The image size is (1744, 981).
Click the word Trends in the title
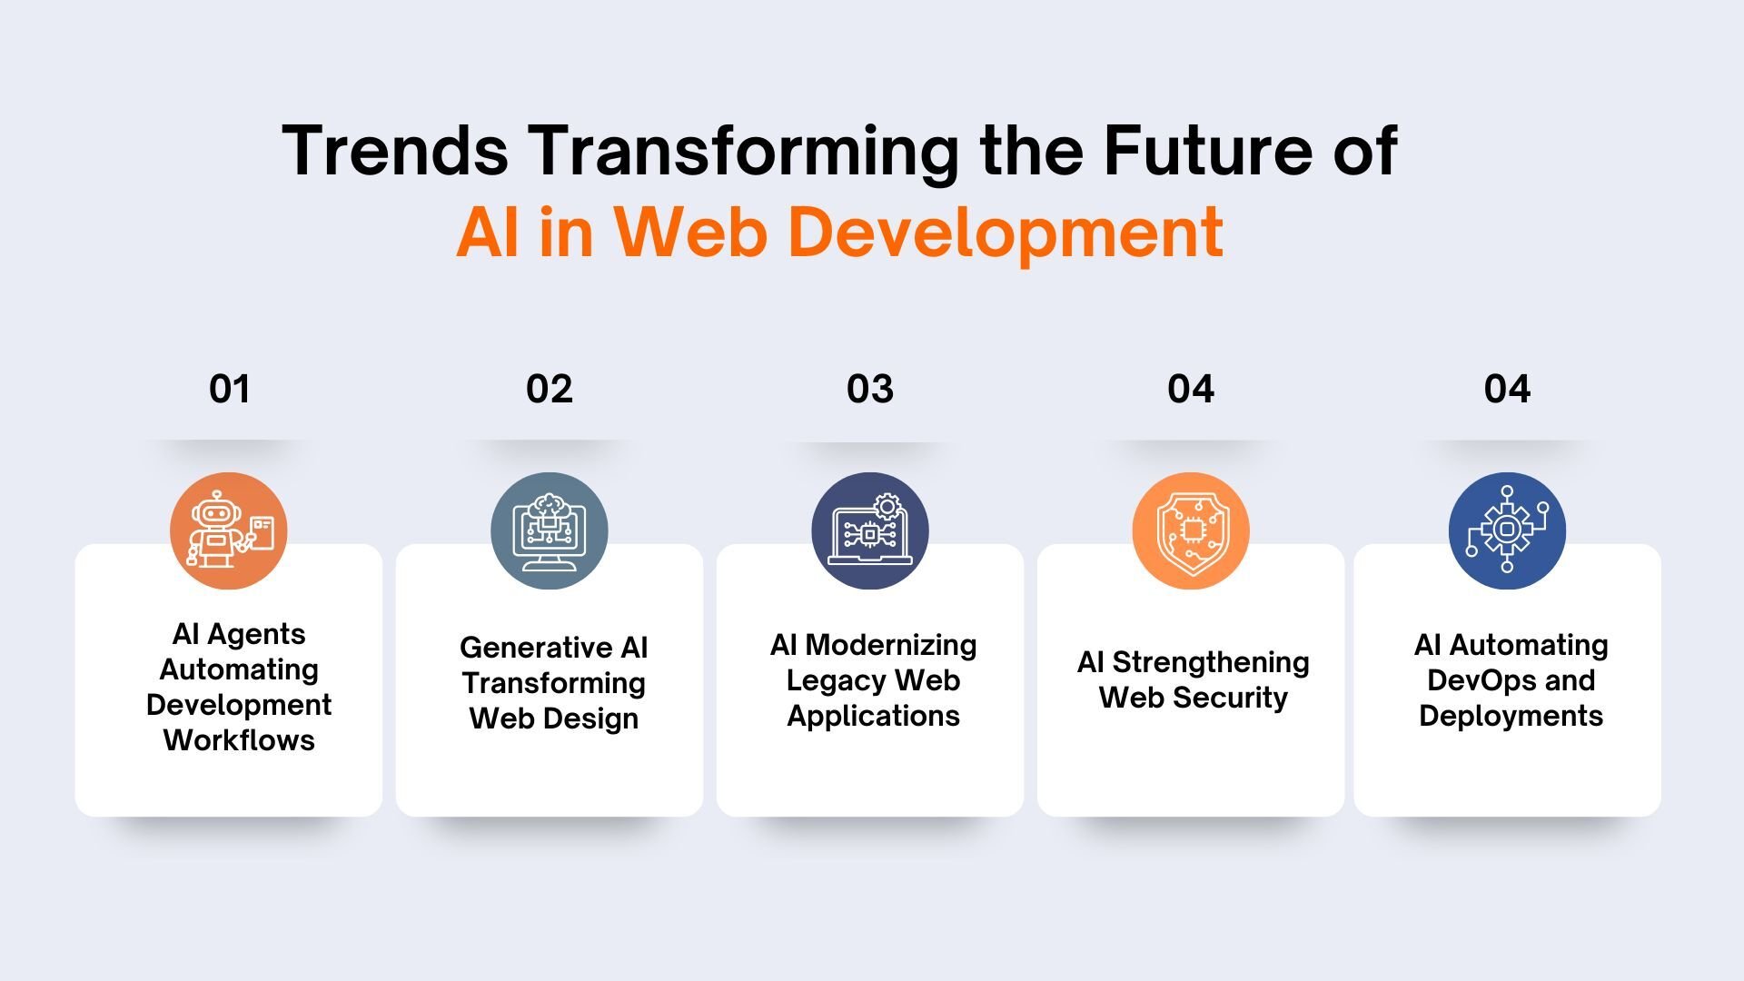pyautogui.click(x=395, y=151)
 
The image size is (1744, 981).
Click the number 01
pyautogui.click(x=229, y=389)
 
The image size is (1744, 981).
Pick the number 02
pyautogui.click(x=549, y=389)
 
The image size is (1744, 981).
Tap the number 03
pyautogui.click(x=870, y=389)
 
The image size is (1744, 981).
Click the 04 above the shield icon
pyautogui.click(x=1191, y=389)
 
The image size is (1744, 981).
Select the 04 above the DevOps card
pyautogui.click(x=1507, y=389)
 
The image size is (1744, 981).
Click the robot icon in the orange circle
pyautogui.click(x=229, y=530)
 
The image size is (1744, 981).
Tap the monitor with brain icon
pyautogui.click(x=549, y=530)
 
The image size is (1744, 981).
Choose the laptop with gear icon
pyautogui.click(x=870, y=530)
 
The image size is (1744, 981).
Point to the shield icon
pyautogui.click(x=1191, y=530)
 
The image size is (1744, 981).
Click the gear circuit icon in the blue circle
pyautogui.click(x=1507, y=530)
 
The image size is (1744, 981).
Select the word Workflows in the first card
pyautogui.click(x=239, y=740)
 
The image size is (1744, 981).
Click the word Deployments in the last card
pyautogui.click(x=1511, y=716)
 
